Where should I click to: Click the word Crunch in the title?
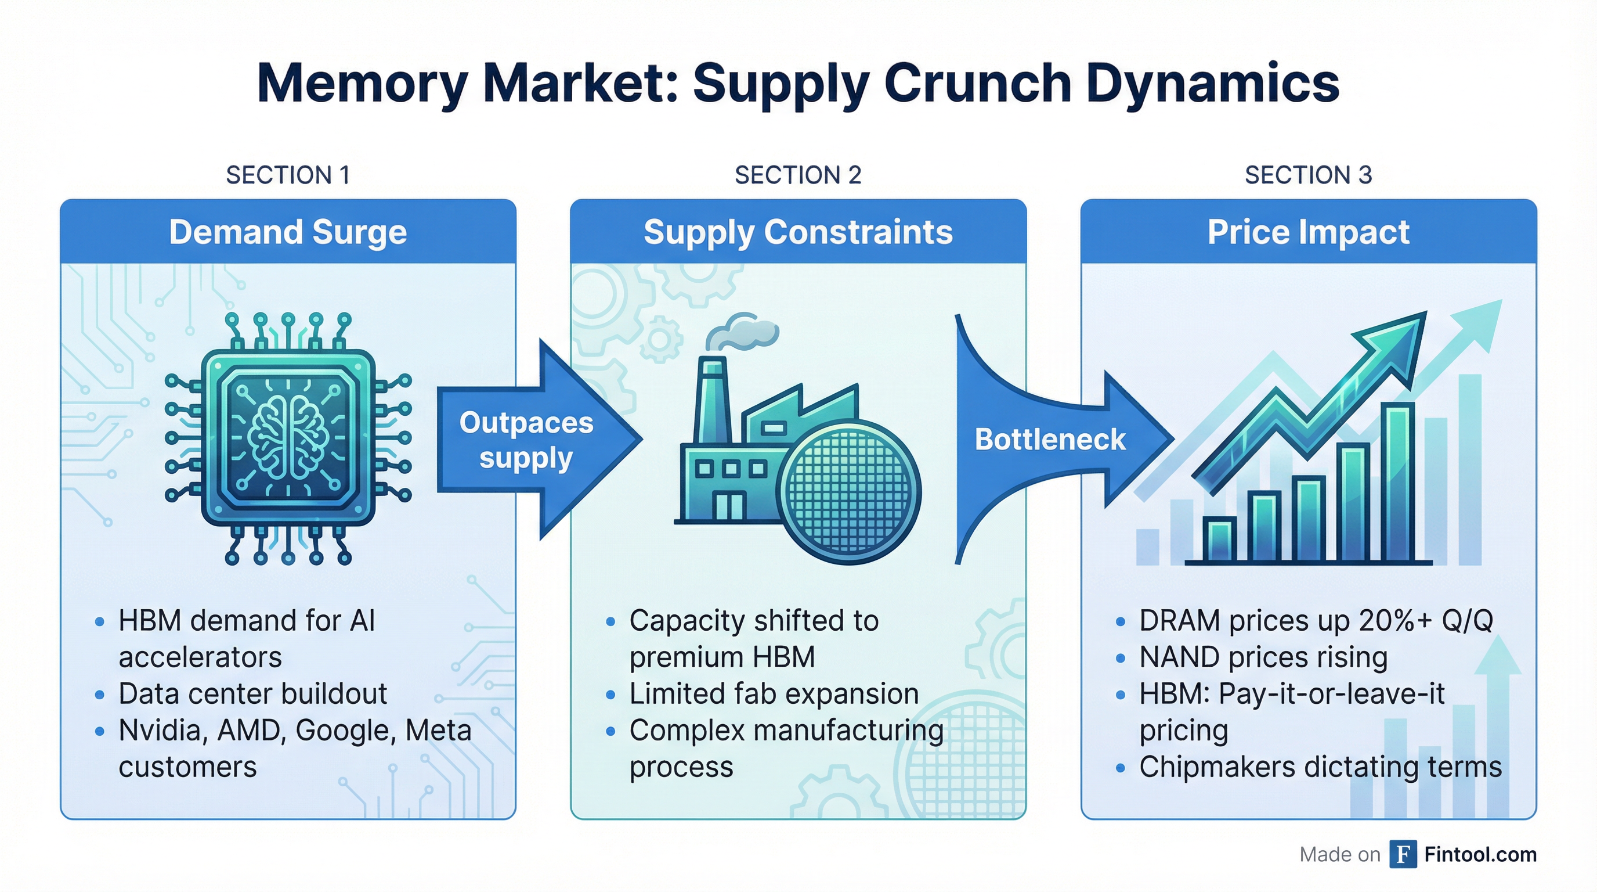click(977, 84)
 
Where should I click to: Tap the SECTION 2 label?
click(798, 175)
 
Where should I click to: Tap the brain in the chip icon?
click(288, 437)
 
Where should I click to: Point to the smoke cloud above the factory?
click(744, 332)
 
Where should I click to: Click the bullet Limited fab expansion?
click(773, 694)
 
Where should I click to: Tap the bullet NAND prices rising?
click(1263, 657)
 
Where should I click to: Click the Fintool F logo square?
click(1403, 854)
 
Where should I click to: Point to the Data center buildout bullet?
click(252, 694)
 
